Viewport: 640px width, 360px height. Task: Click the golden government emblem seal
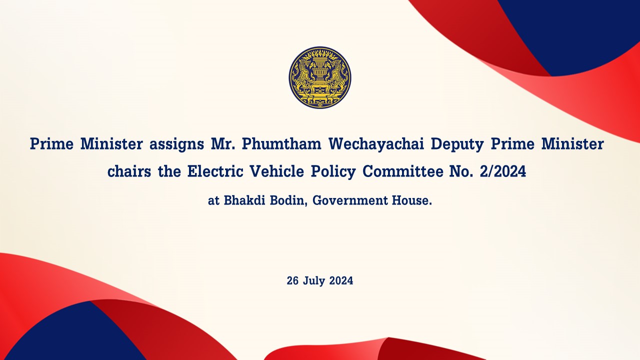click(320, 77)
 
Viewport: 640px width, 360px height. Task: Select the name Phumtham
click(281, 143)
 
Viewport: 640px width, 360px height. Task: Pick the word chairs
click(129, 171)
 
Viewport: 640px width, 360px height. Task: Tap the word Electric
click(215, 171)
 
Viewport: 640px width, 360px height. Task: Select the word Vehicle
click(277, 171)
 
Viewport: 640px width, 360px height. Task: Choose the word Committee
click(403, 171)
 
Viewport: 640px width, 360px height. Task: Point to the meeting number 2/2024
click(503, 171)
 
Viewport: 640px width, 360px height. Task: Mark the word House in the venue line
click(410, 200)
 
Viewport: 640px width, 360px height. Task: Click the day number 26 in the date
click(292, 280)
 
